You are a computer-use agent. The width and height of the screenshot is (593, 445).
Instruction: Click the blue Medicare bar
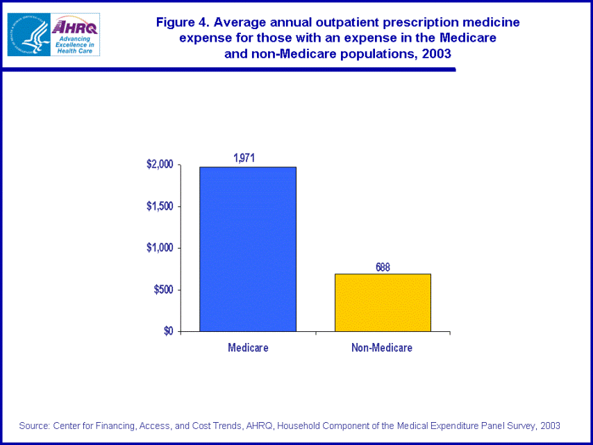coord(247,249)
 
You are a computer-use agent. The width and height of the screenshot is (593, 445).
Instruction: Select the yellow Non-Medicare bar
coord(383,302)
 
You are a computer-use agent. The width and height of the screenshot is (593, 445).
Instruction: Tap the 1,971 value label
coord(244,158)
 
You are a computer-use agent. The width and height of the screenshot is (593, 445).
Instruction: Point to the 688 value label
coord(383,267)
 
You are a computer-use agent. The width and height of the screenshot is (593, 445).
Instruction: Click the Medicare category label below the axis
coord(248,348)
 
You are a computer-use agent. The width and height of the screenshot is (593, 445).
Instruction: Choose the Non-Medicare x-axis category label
coord(382,348)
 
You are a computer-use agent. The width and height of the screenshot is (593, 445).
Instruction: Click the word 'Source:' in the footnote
coord(35,426)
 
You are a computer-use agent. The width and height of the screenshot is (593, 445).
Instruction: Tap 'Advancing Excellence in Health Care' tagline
coord(76,44)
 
